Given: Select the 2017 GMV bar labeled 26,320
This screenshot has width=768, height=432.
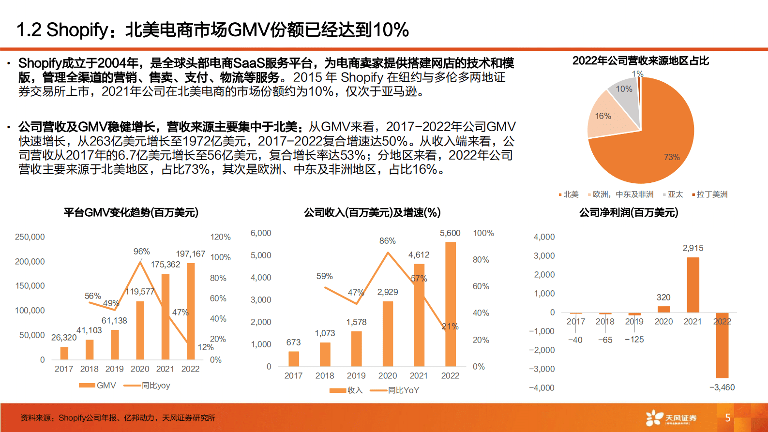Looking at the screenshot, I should (x=64, y=353).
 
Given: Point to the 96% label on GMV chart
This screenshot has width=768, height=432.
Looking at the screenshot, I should (x=142, y=252).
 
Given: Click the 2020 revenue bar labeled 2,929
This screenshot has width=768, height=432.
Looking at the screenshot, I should (x=388, y=334).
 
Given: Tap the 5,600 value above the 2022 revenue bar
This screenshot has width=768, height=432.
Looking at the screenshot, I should (x=450, y=233).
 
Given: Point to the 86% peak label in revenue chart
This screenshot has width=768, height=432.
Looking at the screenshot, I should (x=388, y=241).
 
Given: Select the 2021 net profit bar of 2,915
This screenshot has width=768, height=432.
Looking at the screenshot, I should (x=693, y=285).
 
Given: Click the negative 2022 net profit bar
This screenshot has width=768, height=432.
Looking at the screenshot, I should (x=722, y=345).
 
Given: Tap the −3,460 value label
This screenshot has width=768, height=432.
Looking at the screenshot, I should (x=722, y=387).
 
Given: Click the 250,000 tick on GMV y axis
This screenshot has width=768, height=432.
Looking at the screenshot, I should (x=30, y=237).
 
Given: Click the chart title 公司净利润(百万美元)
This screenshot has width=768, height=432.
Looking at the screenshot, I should (x=629, y=213).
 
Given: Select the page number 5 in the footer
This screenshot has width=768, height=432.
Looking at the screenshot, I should (x=728, y=417).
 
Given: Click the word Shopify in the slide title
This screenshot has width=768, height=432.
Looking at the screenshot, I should (x=77, y=30).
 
